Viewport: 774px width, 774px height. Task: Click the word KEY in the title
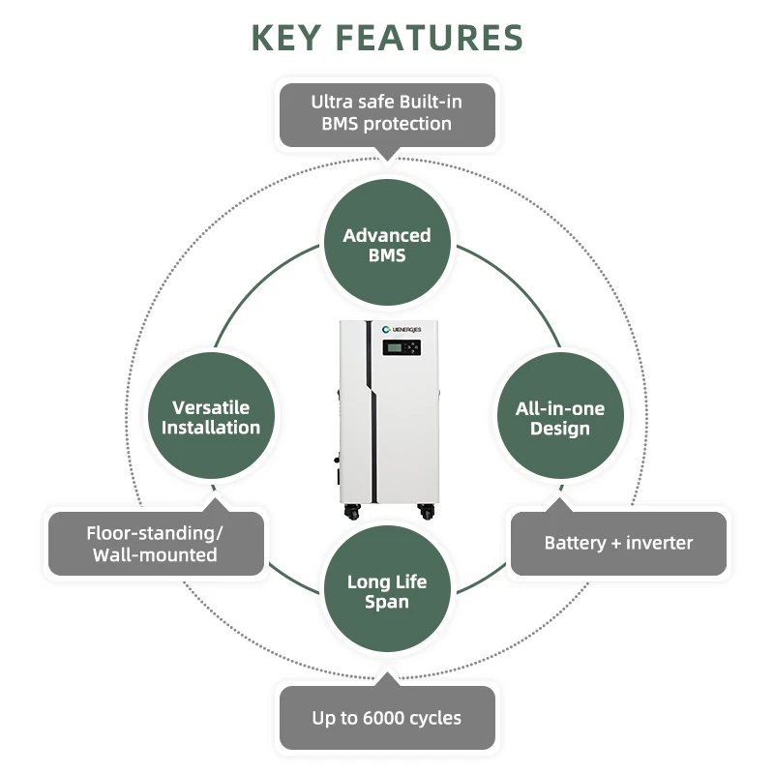291,38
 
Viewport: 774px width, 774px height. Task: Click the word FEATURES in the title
432,38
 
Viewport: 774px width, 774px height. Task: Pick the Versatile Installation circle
211,417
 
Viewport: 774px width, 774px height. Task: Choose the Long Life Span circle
387,591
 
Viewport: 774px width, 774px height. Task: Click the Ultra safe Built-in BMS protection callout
387,112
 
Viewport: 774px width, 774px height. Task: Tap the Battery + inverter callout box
618,543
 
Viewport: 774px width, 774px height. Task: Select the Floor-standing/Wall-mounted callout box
156,544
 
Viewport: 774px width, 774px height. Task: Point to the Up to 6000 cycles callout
387,718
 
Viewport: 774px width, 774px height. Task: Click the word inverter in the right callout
661,543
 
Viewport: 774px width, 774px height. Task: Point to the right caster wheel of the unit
426,510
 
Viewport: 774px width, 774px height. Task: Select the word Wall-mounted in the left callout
155,554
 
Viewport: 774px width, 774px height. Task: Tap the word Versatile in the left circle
211,407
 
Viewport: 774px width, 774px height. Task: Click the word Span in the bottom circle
387,602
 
